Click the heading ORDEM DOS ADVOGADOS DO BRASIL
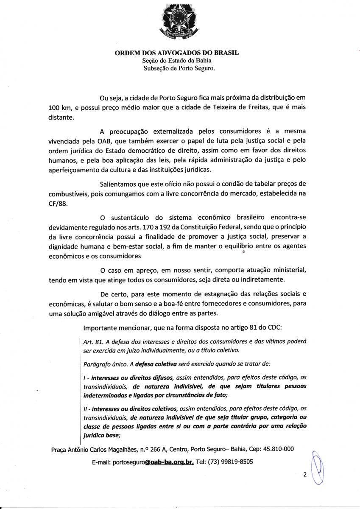(x=177, y=53)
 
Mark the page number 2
(x=304, y=475)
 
